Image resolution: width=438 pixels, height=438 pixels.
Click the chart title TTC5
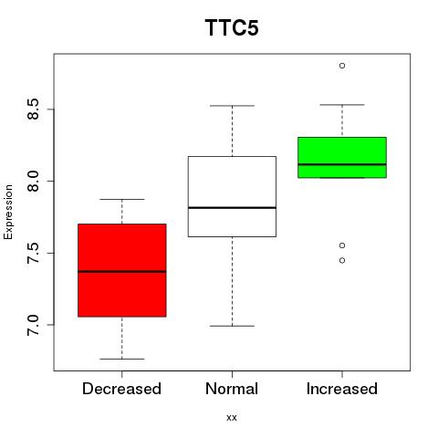(232, 27)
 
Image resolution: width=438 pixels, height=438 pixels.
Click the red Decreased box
(122, 270)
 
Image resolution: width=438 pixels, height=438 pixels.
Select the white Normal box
(232, 196)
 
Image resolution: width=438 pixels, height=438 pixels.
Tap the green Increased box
(342, 157)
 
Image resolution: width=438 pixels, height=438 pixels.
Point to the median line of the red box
(122, 271)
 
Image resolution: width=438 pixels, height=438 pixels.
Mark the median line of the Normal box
(232, 208)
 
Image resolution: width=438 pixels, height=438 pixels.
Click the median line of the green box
(342, 164)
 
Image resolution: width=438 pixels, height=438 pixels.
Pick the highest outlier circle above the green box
(342, 66)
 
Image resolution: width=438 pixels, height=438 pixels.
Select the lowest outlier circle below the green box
(342, 260)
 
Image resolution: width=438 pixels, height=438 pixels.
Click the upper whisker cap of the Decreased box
(122, 199)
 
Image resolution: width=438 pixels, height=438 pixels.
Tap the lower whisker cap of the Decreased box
(122, 359)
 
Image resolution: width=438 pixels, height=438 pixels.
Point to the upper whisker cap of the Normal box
(232, 106)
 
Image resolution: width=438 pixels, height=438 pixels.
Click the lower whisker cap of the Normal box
(232, 326)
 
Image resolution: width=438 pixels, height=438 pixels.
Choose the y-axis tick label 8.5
(33, 109)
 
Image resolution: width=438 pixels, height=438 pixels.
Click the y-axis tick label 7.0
(33, 325)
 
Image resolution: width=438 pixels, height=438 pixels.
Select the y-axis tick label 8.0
(33, 181)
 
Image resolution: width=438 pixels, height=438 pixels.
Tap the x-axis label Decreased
(121, 389)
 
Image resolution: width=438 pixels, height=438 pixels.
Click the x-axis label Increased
(342, 389)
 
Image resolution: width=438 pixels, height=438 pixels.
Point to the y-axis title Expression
(8, 212)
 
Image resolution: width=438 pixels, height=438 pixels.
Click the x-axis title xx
(232, 418)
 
